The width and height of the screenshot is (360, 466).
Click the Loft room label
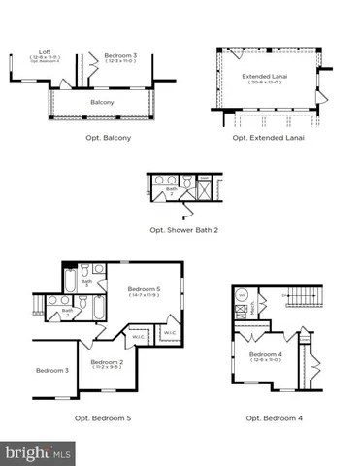tap(45, 51)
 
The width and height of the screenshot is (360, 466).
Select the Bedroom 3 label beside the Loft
tap(120, 56)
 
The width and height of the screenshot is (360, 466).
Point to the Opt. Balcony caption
tap(108, 138)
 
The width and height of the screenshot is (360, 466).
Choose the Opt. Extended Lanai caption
tap(269, 138)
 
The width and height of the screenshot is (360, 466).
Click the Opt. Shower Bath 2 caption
tap(183, 230)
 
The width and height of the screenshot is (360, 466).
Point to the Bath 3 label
tap(86, 283)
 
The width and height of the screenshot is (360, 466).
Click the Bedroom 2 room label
tap(108, 361)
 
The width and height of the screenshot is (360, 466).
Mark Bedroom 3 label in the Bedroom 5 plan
tap(52, 370)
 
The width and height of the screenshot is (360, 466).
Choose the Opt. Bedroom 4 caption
tap(273, 418)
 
